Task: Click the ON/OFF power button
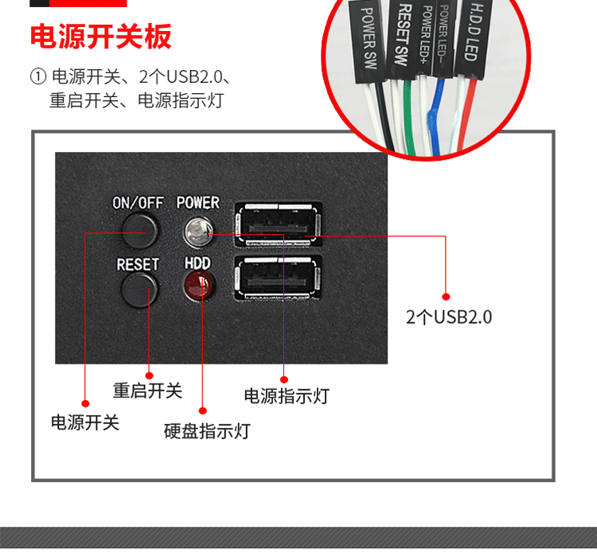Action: click(x=140, y=231)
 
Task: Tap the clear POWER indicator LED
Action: click(x=198, y=231)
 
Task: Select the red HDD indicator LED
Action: click(x=199, y=285)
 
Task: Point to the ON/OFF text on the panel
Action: click(x=138, y=203)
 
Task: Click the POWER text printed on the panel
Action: click(x=198, y=203)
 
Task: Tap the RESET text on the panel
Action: click(x=138, y=264)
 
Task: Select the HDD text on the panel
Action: click(x=197, y=263)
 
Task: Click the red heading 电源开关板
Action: click(x=101, y=37)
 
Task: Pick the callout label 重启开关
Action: click(x=147, y=391)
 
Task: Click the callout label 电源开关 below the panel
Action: click(x=85, y=423)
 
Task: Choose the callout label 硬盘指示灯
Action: click(x=207, y=431)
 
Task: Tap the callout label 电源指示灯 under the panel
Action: click(x=287, y=396)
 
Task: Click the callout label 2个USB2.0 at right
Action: click(x=449, y=317)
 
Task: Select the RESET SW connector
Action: click(x=403, y=38)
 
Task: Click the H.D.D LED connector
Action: click(x=474, y=37)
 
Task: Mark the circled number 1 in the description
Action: click(x=38, y=76)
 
